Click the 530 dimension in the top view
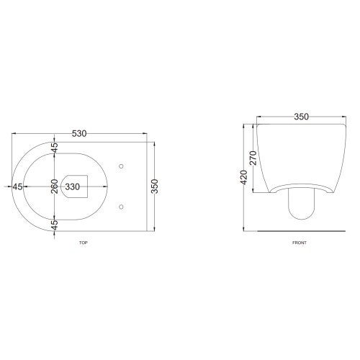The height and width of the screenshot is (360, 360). point(79,133)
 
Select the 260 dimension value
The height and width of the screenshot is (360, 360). point(55,186)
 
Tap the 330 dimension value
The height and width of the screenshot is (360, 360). point(72,186)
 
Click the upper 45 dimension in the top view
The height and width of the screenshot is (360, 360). point(55,148)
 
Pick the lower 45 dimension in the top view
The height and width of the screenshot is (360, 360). point(55,225)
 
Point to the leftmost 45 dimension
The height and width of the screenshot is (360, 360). point(17,186)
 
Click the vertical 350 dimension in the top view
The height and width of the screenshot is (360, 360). point(156,186)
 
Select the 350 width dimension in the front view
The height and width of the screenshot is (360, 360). point(301,117)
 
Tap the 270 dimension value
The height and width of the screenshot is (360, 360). point(253,158)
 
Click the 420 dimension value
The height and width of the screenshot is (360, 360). point(244,177)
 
